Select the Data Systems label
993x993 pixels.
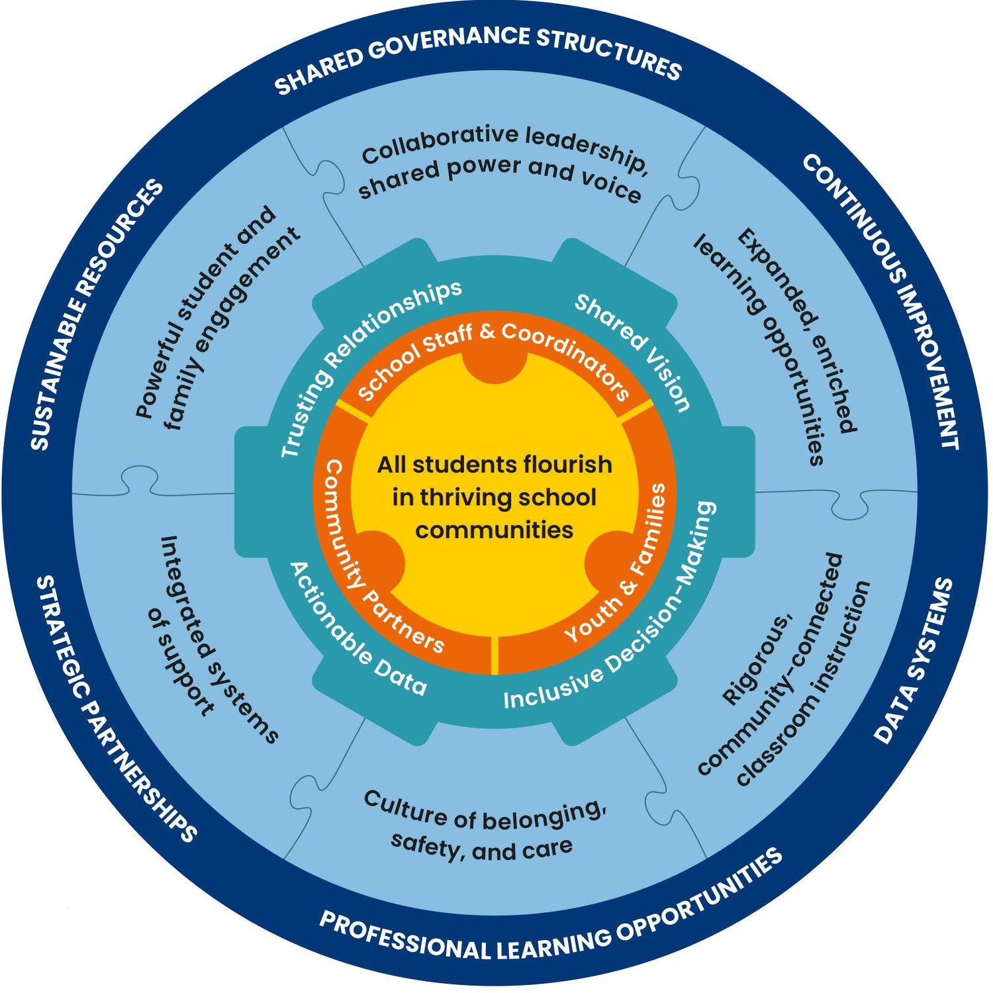pyautogui.click(x=915, y=662)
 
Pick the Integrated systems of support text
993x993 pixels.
pyautogui.click(x=209, y=639)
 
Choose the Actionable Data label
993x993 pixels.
pyautogui.click(x=354, y=632)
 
